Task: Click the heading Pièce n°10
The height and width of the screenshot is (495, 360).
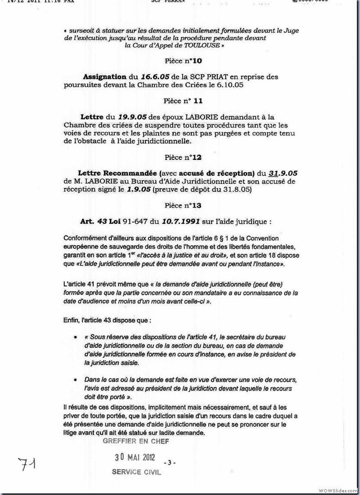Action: tap(179, 61)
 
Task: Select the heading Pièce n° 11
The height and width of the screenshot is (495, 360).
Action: tap(179, 102)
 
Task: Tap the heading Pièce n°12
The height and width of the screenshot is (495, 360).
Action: tap(179, 157)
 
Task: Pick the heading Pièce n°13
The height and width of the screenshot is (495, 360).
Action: tap(179, 206)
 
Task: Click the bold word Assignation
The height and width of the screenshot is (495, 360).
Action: tap(105, 77)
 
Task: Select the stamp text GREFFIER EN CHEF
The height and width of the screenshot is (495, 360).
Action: tap(136, 441)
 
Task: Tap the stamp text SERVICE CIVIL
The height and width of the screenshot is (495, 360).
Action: tap(136, 472)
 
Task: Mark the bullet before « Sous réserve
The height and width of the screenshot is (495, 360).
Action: tap(75, 337)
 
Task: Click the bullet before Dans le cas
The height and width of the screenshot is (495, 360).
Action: tap(75, 380)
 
